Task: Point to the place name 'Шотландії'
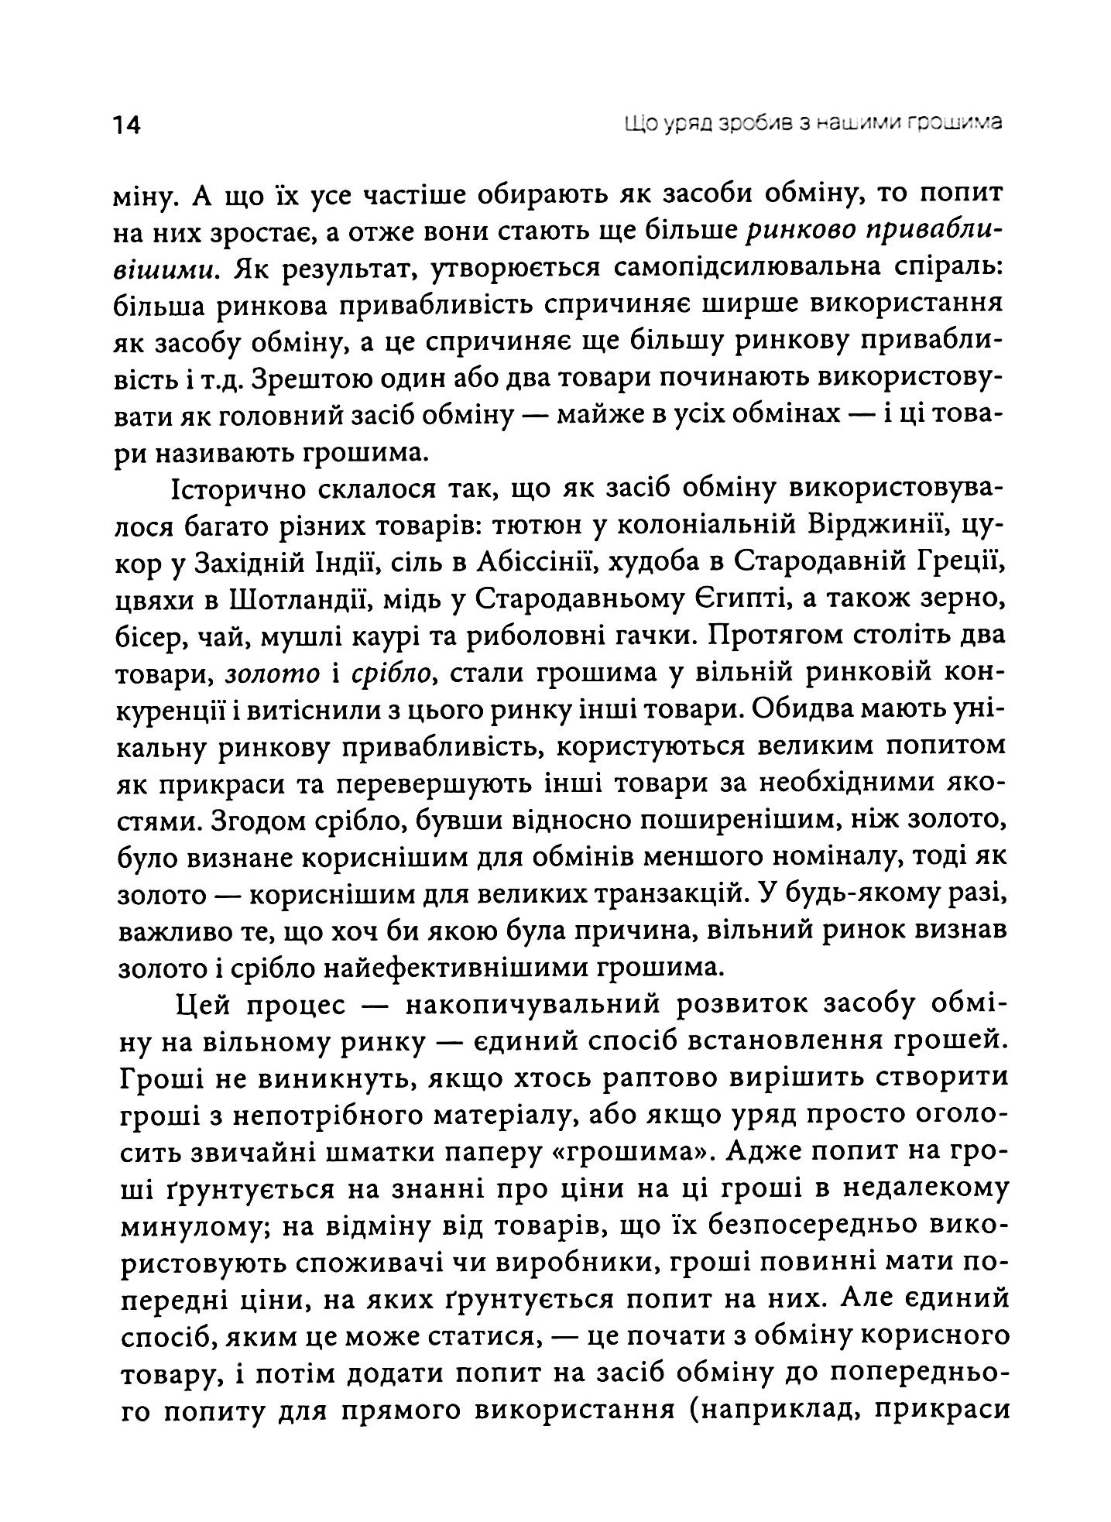coord(309,601)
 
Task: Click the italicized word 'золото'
coord(272,674)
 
